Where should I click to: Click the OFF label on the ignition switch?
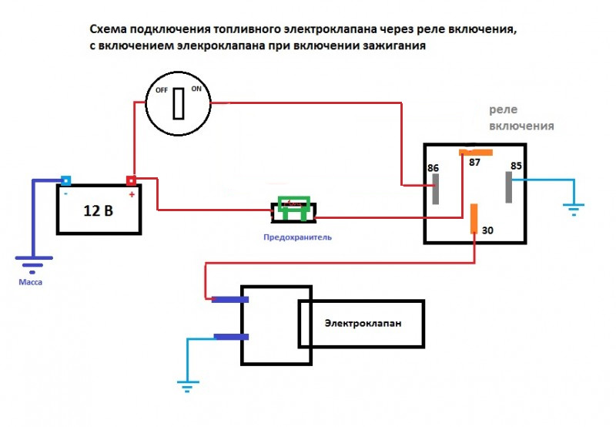pyautogui.click(x=162, y=89)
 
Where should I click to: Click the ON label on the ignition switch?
pyautogui.click(x=196, y=89)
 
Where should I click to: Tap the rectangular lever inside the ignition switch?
pyautogui.click(x=179, y=103)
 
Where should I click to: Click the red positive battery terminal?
pyautogui.click(x=132, y=182)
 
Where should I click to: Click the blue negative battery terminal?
pyautogui.click(x=66, y=182)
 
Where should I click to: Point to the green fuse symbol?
pyautogui.click(x=295, y=207)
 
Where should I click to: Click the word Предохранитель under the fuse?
pyautogui.click(x=296, y=237)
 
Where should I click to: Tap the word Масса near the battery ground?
pyautogui.click(x=31, y=283)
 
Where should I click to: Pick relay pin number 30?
pyautogui.click(x=487, y=230)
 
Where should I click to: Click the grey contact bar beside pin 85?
pyautogui.click(x=507, y=188)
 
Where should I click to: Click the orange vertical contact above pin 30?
pyautogui.click(x=474, y=217)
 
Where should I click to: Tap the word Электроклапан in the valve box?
pyautogui.click(x=362, y=323)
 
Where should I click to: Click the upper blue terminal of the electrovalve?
pyautogui.click(x=230, y=299)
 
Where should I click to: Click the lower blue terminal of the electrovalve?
pyautogui.click(x=230, y=337)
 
